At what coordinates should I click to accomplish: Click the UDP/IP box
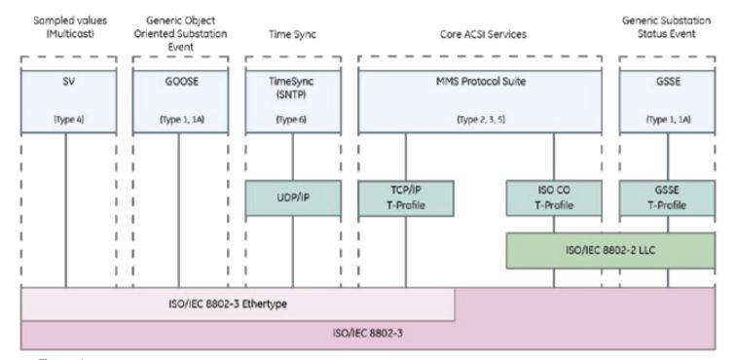293,198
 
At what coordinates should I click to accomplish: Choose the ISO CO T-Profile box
554,198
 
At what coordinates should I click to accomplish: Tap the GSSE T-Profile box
668,198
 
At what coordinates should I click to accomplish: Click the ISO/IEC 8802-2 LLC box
611,249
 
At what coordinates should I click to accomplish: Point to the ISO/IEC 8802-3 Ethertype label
239,303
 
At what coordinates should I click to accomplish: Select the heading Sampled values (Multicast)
66,25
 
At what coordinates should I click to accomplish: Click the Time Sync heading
293,33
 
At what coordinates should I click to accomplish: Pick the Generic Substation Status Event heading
668,25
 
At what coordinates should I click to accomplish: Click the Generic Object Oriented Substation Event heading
178,25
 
